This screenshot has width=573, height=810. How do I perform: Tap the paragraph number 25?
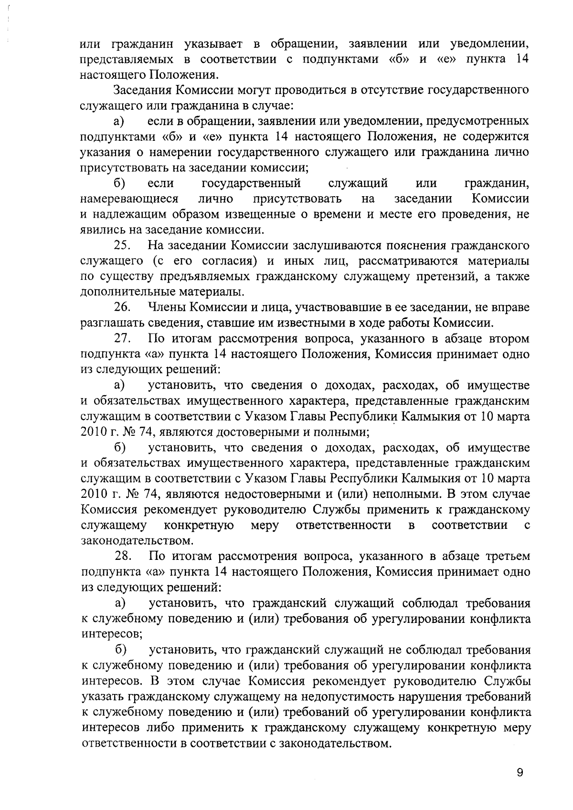click(122, 246)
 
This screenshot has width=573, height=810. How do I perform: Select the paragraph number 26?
click(122, 308)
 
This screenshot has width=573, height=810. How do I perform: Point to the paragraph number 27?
click(122, 339)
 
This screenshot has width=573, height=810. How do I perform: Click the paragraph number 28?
click(122, 557)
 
